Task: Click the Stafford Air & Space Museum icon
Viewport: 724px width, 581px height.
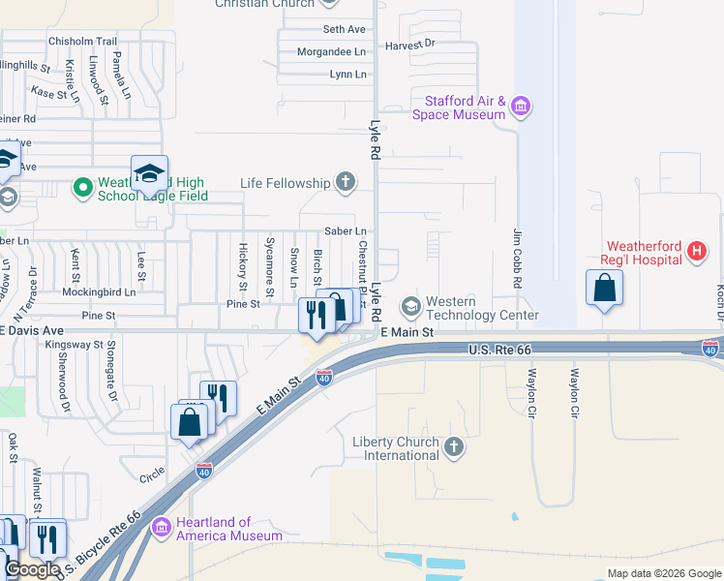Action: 521,106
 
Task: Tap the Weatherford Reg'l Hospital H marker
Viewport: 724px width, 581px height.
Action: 695,253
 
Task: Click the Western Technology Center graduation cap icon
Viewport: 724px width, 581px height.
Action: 410,307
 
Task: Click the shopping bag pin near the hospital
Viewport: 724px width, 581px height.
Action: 604,289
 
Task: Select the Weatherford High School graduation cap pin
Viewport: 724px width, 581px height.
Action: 149,175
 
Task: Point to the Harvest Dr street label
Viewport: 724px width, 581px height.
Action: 409,45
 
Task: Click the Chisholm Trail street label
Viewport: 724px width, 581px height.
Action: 82,42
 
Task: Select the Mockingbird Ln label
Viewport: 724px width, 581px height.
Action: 99,291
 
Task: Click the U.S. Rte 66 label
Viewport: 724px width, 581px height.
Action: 500,349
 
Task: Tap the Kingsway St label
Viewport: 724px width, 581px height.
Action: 75,344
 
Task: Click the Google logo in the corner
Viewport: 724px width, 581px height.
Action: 32,569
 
